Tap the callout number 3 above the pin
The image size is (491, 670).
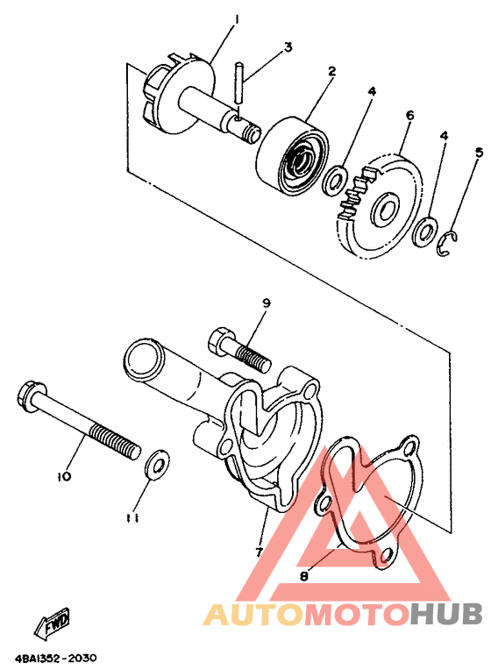point(288,46)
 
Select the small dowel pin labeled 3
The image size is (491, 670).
point(238,82)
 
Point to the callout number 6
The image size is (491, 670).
point(409,115)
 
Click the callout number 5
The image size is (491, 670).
point(479,153)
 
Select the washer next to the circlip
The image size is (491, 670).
point(425,232)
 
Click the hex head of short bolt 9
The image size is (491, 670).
point(221,342)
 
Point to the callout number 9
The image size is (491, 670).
point(266,303)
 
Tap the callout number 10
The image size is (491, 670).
point(64,476)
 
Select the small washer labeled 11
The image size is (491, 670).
point(157,464)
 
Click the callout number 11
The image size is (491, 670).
point(132,518)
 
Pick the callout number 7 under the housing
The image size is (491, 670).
point(259,552)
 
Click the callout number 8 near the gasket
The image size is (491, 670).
point(304,576)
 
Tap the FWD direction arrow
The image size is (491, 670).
point(52,622)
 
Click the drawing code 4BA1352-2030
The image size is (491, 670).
point(56,658)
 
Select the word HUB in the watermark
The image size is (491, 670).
point(445,614)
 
